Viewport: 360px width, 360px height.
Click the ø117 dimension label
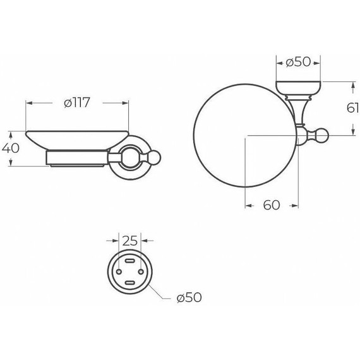[77, 102]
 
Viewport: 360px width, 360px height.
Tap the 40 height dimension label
[10, 148]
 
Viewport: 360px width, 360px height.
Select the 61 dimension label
[352, 108]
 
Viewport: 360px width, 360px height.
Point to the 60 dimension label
[272, 205]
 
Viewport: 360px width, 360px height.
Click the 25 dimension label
[129, 241]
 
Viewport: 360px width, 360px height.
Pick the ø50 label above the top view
[298, 63]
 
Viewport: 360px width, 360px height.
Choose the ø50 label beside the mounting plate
[189, 297]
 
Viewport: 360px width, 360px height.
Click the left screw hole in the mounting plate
[119, 272]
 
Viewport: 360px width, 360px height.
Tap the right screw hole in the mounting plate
[141, 272]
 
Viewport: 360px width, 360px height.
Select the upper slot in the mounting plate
[129, 261]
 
